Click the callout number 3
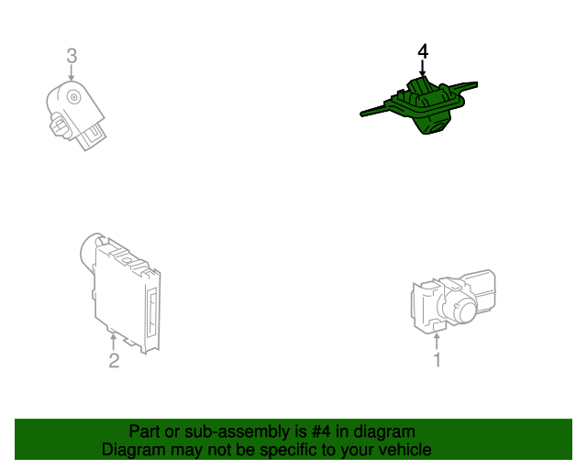pyautogui.click(x=72, y=57)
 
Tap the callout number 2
pyautogui.click(x=114, y=361)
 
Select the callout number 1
pyautogui.click(x=437, y=360)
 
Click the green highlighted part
pyautogui.click(x=424, y=106)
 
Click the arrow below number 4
pyautogui.click(x=423, y=70)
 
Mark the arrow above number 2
pyautogui.click(x=114, y=341)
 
